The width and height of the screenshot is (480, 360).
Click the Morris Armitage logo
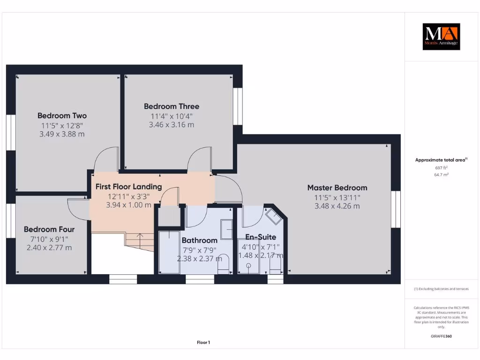pyautogui.click(x=441, y=37)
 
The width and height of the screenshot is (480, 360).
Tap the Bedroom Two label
pyautogui.click(x=62, y=116)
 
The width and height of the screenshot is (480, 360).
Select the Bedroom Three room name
pyautogui.click(x=171, y=106)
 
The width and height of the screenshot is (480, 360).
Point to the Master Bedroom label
pyautogui.click(x=337, y=187)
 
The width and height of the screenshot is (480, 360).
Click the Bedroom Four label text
pyautogui.click(x=49, y=229)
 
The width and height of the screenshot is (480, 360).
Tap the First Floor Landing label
pyautogui.click(x=128, y=187)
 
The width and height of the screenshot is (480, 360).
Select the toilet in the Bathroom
pyautogui.click(x=224, y=263)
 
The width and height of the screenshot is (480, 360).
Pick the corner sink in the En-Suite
pyautogui.click(x=273, y=216)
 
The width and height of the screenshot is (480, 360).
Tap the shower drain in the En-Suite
pyautogui.click(x=248, y=265)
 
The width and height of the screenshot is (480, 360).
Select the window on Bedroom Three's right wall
pyautogui.click(x=238, y=106)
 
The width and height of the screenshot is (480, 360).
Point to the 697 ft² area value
pyautogui.click(x=441, y=167)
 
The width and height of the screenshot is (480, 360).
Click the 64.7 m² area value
pyautogui.click(x=441, y=174)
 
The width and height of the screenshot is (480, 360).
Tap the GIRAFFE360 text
pyautogui.click(x=441, y=336)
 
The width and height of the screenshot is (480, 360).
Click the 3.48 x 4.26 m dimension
pyautogui.click(x=337, y=206)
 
